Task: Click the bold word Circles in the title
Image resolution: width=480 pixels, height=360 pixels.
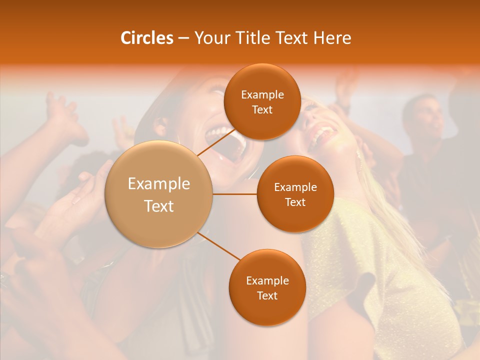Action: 146,38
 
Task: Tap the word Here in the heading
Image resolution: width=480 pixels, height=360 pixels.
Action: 332,38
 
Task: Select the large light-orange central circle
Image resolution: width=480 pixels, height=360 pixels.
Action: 158,194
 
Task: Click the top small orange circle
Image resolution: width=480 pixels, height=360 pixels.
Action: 262,101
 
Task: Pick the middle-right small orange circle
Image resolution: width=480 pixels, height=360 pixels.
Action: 295,194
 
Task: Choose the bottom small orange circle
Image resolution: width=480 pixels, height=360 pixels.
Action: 267,287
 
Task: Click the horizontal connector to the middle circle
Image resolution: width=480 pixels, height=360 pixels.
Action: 235,194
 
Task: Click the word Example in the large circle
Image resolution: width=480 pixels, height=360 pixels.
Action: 158,183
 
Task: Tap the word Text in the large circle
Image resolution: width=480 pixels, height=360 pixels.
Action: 158,206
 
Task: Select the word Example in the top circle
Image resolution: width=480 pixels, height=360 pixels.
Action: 262,94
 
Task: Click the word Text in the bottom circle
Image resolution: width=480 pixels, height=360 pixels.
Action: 267,295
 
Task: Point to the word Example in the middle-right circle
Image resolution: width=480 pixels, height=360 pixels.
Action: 295,187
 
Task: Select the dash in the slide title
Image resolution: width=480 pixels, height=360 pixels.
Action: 183,38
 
